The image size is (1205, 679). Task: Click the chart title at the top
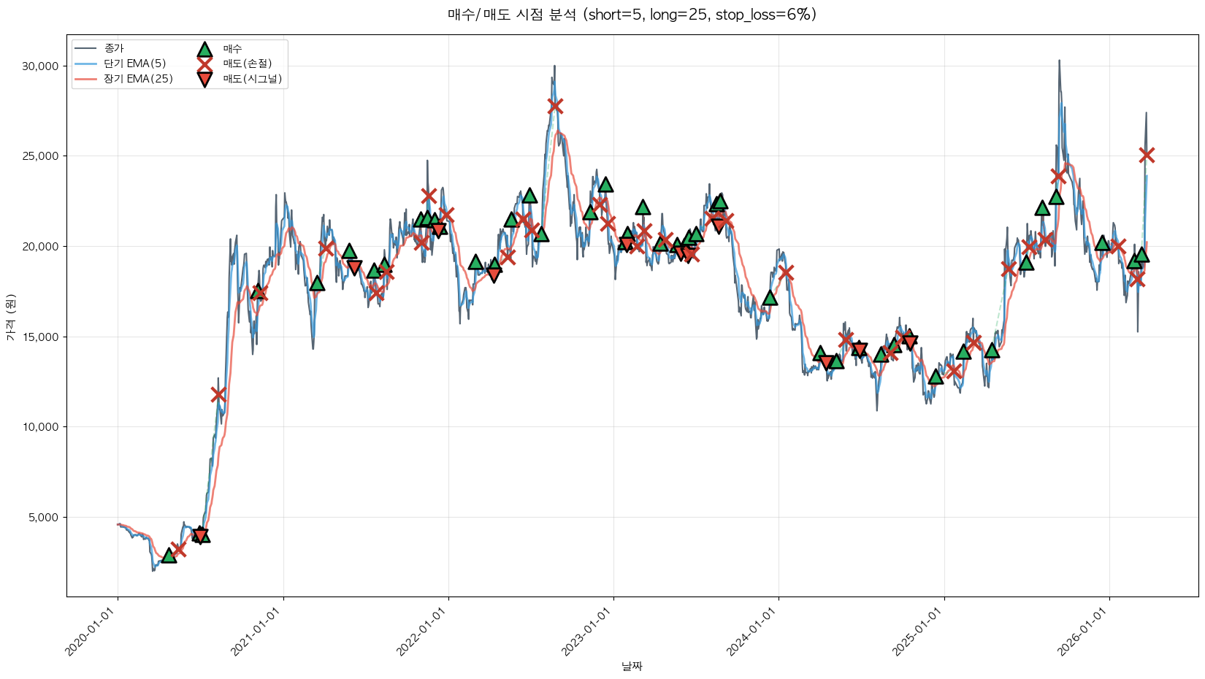click(632, 15)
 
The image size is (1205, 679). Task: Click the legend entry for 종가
click(114, 48)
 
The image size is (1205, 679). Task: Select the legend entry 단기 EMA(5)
click(134, 64)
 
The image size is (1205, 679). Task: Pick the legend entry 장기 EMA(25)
click(138, 79)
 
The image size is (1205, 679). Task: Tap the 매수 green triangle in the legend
click(205, 49)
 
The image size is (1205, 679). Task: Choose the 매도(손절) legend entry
click(247, 64)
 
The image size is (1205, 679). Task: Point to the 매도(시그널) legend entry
click(252, 79)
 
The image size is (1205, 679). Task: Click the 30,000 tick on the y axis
click(40, 66)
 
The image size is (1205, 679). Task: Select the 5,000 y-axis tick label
click(43, 517)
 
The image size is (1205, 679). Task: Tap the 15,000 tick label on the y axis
click(40, 337)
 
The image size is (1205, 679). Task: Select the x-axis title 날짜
click(632, 666)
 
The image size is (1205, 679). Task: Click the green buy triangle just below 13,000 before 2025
click(936, 377)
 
